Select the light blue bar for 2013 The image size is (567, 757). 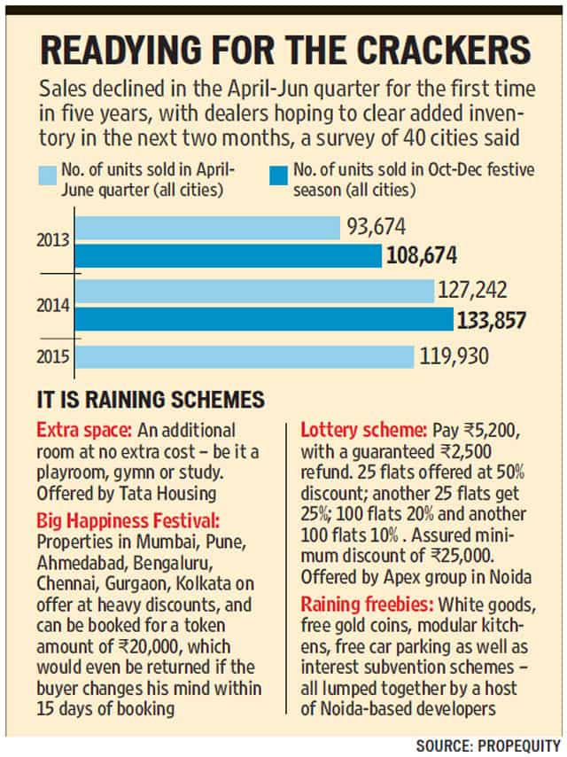point(207,229)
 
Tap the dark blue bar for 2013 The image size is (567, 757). point(229,256)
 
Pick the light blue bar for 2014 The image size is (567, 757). point(255,291)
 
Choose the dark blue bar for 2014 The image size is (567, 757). point(264,318)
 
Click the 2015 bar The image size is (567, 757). point(245,356)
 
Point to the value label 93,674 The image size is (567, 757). point(377,227)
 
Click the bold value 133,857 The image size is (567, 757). point(491,320)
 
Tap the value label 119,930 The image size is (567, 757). point(454,356)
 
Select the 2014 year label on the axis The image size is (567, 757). point(53,305)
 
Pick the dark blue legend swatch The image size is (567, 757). point(279,176)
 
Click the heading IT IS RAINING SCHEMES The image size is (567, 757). point(151,400)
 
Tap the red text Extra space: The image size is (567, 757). point(84,430)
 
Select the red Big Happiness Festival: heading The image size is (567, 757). point(128,521)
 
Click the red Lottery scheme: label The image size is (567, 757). point(364,430)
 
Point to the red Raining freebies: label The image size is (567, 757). point(368,605)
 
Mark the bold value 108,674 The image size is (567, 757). point(422,255)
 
